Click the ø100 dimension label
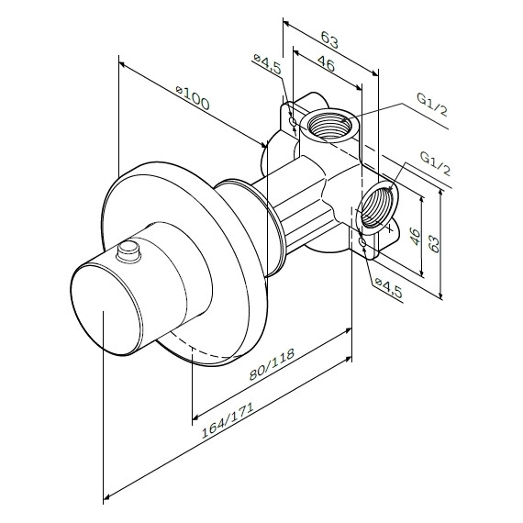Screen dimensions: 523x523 coord(193,98)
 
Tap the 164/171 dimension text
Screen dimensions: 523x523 coord(228,420)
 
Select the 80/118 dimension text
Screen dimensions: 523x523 coord(272,364)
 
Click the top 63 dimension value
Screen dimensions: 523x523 coord(329,39)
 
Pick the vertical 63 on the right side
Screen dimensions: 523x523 coord(435,244)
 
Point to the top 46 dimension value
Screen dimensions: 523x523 coord(326,63)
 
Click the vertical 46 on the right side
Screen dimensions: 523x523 coord(415,237)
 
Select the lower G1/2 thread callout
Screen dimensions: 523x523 coord(435,163)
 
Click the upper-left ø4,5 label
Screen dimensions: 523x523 coord(268,64)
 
